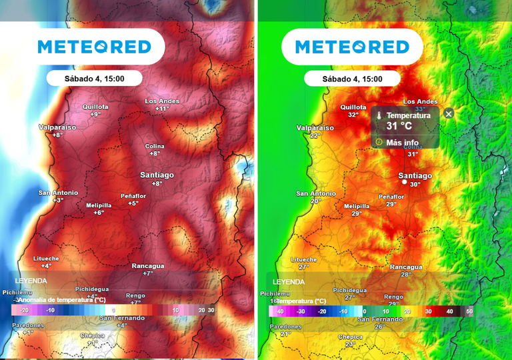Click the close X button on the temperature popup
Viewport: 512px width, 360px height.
tap(449, 114)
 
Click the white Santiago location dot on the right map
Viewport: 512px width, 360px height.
tap(404, 181)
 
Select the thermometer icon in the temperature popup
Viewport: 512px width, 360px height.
tap(379, 116)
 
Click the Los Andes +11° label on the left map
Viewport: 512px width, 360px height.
tap(162, 105)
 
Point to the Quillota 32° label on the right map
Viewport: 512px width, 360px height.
tap(353, 111)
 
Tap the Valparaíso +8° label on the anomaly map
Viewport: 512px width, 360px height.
tap(57, 131)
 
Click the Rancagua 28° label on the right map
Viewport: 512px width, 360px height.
tap(405, 271)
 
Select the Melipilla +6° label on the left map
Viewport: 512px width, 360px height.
tap(99, 209)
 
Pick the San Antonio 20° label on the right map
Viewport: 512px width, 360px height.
tap(315, 197)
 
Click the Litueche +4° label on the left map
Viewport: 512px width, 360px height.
tap(46, 262)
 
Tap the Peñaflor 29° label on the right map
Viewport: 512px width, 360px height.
tap(391, 201)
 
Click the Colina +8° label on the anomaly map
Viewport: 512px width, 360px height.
tap(155, 149)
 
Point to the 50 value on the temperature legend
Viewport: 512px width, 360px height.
tap(469, 311)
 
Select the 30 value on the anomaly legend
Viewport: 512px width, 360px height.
tap(211, 311)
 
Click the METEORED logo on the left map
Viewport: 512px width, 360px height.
tap(94, 47)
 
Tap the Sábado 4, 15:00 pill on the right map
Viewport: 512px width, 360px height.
tap(352, 78)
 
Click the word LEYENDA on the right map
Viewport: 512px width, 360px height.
tap(288, 281)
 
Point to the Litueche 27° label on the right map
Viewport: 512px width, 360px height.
tap(303, 263)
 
